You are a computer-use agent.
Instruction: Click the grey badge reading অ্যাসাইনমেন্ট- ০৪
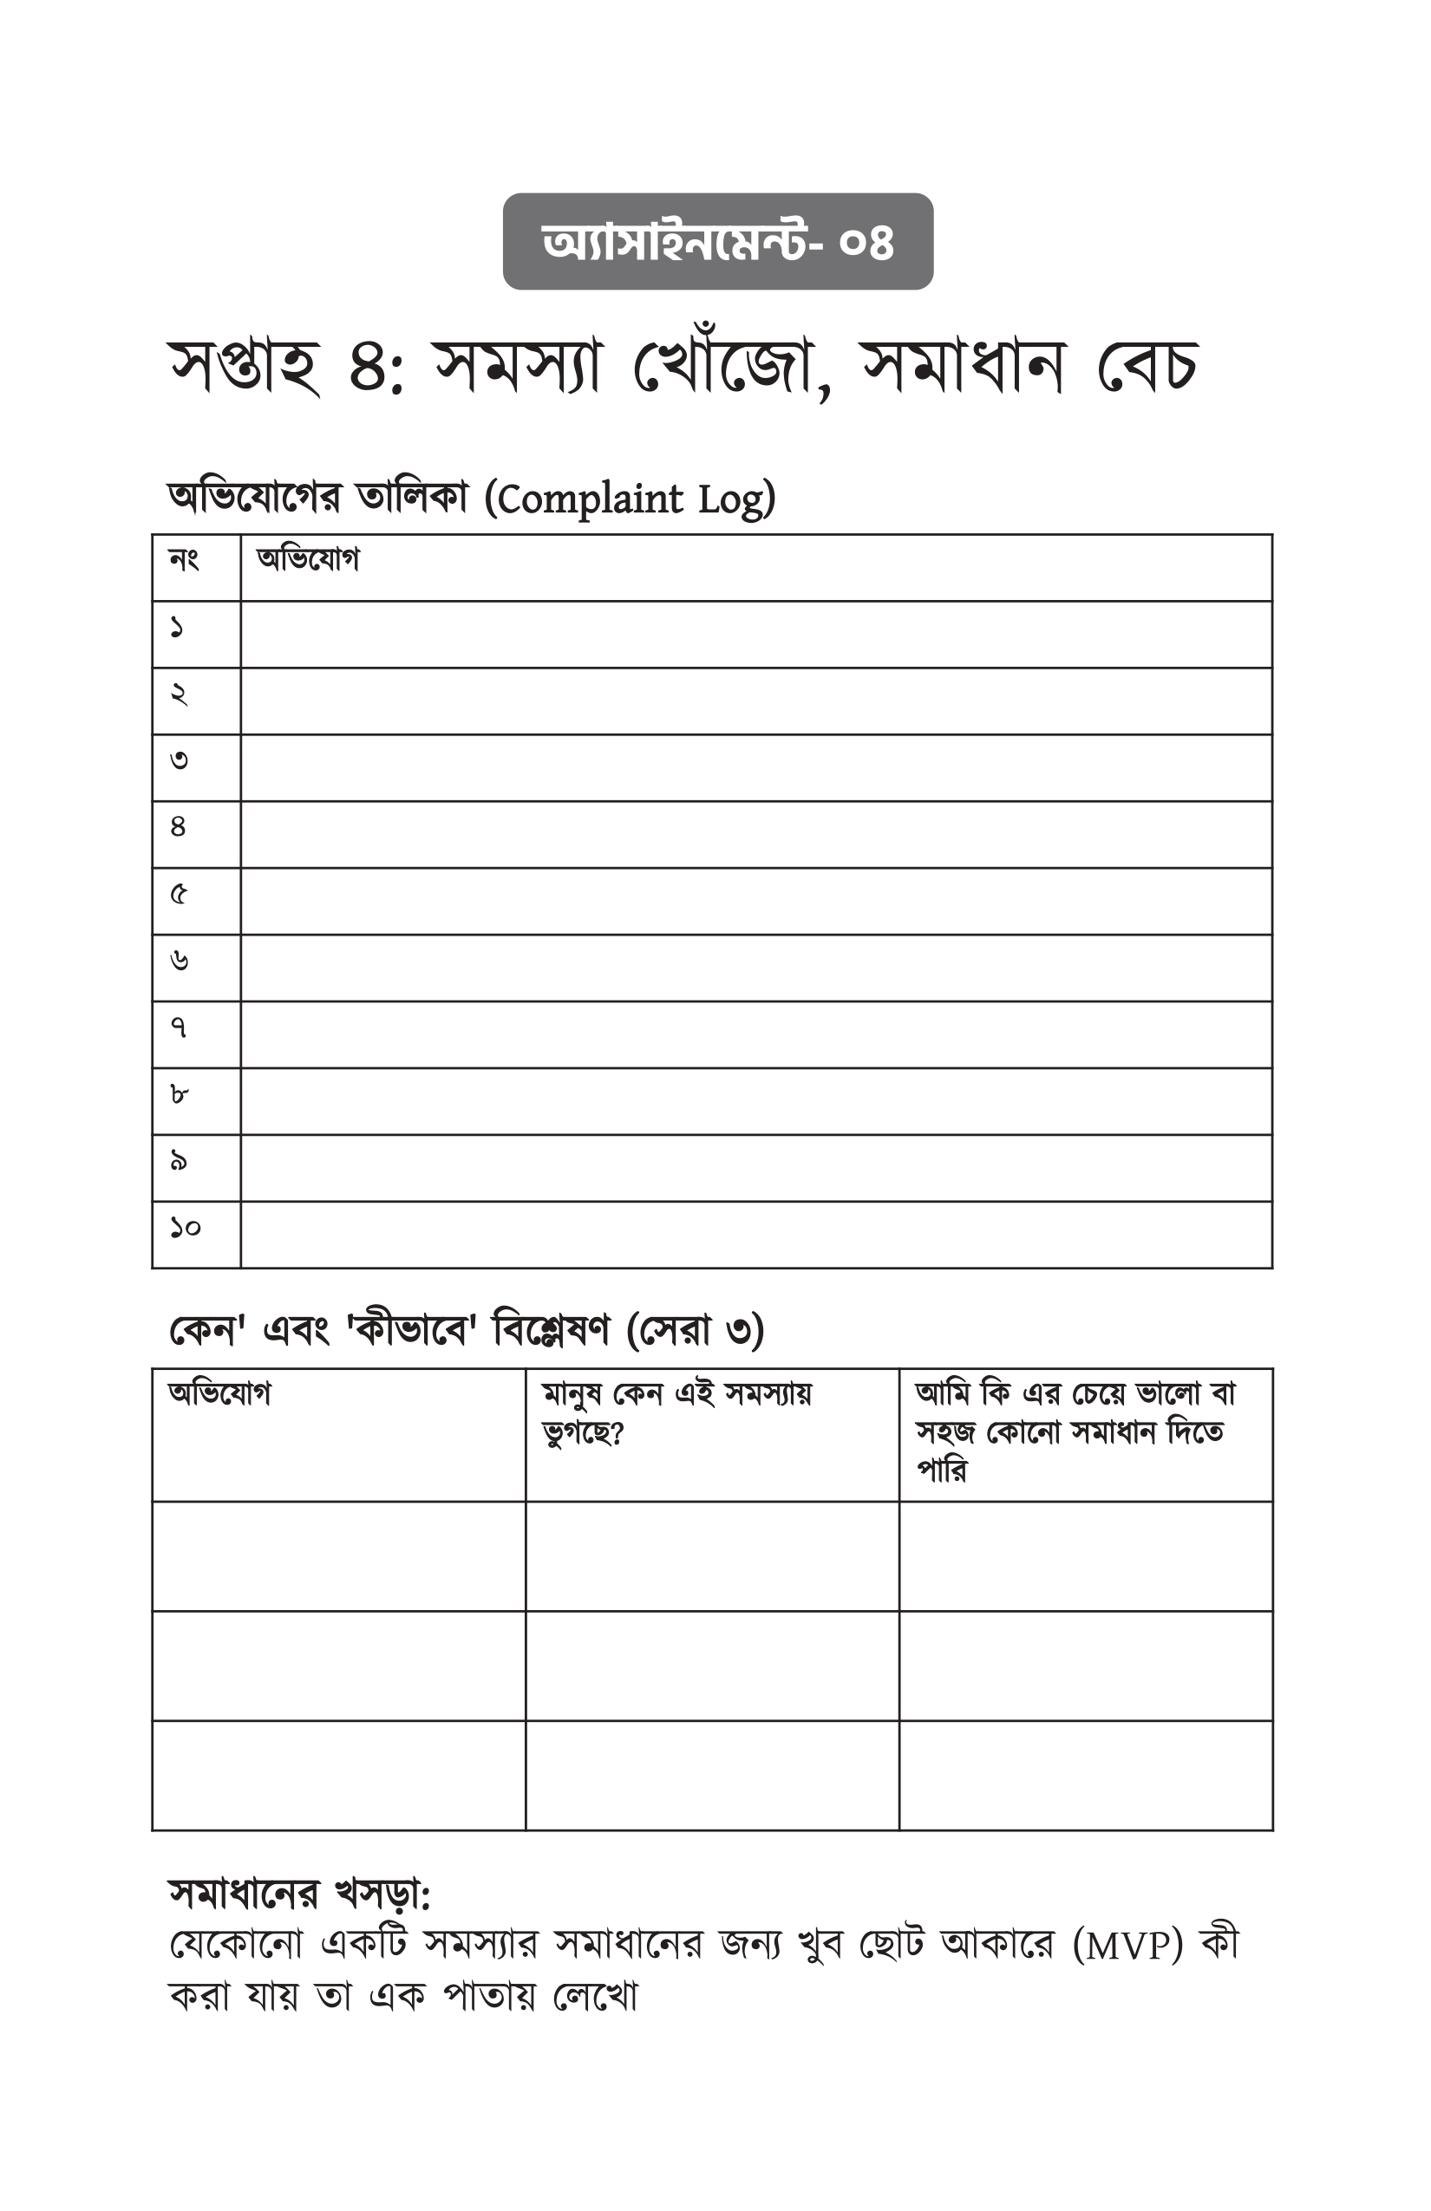[x=717, y=242]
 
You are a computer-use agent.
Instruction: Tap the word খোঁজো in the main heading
[x=725, y=365]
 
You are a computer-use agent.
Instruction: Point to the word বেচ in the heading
[x=1147, y=365]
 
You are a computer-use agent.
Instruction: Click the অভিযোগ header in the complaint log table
[x=308, y=560]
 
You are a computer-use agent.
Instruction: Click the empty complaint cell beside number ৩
[x=755, y=768]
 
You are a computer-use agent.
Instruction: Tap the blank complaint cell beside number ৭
[x=755, y=1035]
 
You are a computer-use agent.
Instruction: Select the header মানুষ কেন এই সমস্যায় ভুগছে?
[x=677, y=1413]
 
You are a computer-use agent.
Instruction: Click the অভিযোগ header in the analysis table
[x=219, y=1394]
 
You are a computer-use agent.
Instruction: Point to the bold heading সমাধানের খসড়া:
[x=300, y=1895]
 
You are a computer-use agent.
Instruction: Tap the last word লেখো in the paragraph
[x=595, y=1996]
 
